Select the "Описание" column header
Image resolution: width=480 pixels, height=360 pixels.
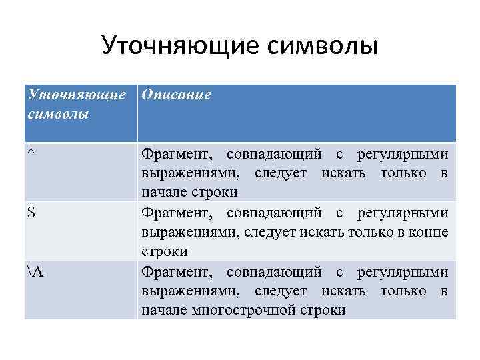pyautogui.click(x=176, y=95)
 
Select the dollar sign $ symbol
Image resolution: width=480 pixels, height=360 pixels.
pyautogui.click(x=31, y=214)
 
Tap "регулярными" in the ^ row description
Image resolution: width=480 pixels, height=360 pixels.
pyautogui.click(x=402, y=155)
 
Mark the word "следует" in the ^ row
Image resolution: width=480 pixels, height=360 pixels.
pyautogui.click(x=280, y=173)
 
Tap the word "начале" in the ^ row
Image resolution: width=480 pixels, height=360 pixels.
pyautogui.click(x=161, y=192)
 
